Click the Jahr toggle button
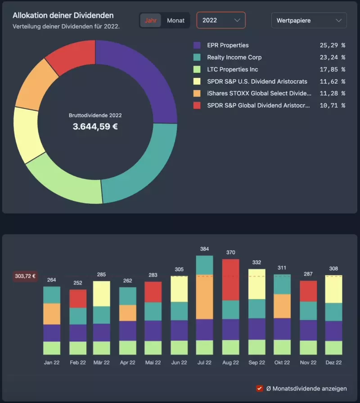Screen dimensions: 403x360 pyautogui.click(x=150, y=21)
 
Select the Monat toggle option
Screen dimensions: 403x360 pyautogui.click(x=175, y=21)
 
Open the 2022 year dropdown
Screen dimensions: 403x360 pyautogui.click(x=221, y=20)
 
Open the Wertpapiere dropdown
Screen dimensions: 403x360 pyautogui.click(x=309, y=20)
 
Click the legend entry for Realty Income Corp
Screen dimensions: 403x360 pyautogui.click(x=234, y=58)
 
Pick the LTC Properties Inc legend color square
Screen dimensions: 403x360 pyautogui.click(x=197, y=70)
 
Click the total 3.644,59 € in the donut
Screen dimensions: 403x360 pyautogui.click(x=95, y=127)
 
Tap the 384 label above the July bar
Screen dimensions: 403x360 pyautogui.click(x=204, y=249)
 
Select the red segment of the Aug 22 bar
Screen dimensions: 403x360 pyautogui.click(x=230, y=279)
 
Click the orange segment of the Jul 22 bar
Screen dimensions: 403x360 pyautogui.click(x=204, y=297)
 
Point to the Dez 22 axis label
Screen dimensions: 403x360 pyautogui.click(x=333, y=363)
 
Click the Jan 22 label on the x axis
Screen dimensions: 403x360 pyautogui.click(x=52, y=363)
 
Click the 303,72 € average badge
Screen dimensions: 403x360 pyautogui.click(x=25, y=277)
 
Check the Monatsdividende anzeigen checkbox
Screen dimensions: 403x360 pyautogui.click(x=260, y=389)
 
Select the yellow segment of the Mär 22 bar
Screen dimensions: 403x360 pyautogui.click(x=101, y=294)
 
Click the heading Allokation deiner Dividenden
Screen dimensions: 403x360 pyautogui.click(x=63, y=16)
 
